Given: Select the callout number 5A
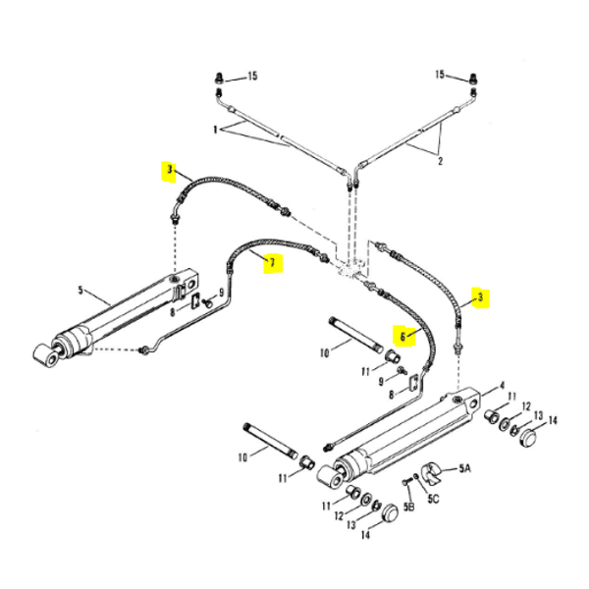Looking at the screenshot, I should click(x=465, y=470).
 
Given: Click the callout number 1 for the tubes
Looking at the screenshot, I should click(x=215, y=130).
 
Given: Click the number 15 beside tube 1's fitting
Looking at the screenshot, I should click(x=251, y=77).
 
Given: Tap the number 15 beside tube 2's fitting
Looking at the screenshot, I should click(x=441, y=75).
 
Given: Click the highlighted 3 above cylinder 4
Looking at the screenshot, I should click(x=480, y=295).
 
